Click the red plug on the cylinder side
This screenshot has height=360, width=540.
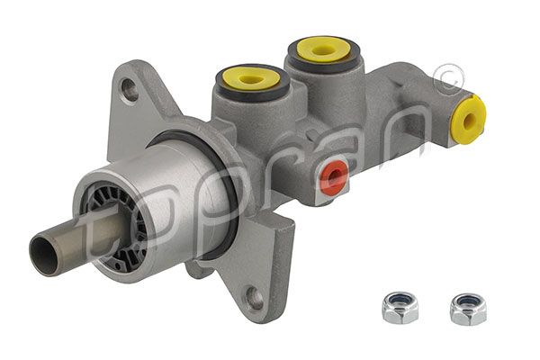click(x=334, y=177)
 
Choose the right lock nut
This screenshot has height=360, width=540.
click(x=467, y=308)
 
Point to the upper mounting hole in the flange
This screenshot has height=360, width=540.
click(x=130, y=90)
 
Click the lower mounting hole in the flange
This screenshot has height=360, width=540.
click(x=256, y=298)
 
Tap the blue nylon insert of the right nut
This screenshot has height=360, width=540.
click(x=467, y=301)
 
